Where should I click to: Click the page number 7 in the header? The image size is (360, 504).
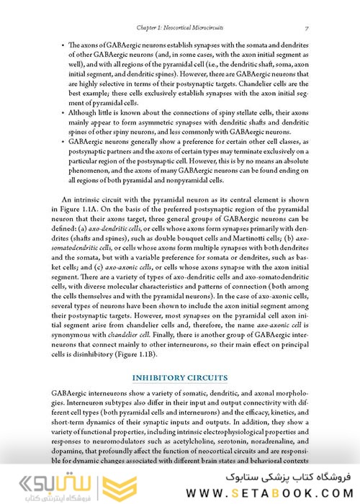(x=307, y=27)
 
